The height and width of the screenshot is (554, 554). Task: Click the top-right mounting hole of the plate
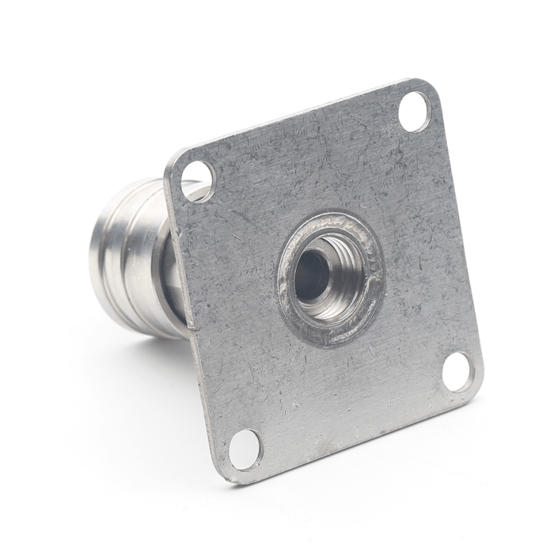[x=414, y=111]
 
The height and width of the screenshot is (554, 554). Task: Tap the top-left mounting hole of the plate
[x=197, y=180]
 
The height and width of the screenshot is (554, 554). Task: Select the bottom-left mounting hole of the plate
[x=245, y=449]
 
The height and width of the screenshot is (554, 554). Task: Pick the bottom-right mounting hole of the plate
[x=457, y=371]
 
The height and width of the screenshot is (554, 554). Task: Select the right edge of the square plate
[x=459, y=237]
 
